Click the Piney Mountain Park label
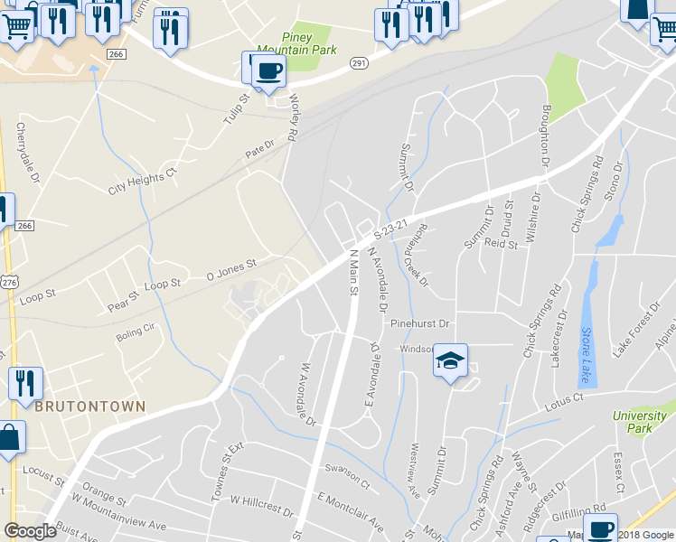click(x=284, y=43)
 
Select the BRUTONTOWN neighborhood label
click(x=90, y=406)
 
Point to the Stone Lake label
click(x=585, y=355)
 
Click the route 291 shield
click(x=359, y=63)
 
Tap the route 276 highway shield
click(x=9, y=283)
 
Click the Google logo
click(x=30, y=531)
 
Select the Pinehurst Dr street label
click(x=419, y=322)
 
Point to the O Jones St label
click(x=232, y=268)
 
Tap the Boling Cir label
click(x=136, y=337)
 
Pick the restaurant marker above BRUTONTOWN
click(x=24, y=383)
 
